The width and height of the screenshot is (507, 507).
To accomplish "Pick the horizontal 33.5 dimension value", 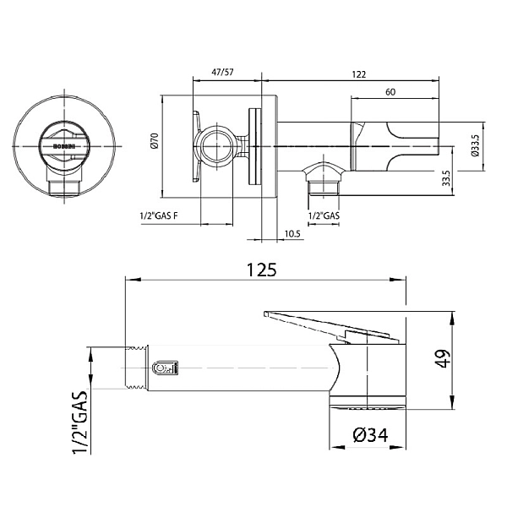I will click(444, 178).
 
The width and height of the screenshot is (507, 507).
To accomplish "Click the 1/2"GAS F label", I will click(159, 217).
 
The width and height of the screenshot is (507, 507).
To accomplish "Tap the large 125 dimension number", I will click(262, 270).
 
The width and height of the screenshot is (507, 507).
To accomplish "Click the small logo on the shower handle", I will click(164, 368).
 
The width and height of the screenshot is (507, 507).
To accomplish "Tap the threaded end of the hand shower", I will click(136, 368).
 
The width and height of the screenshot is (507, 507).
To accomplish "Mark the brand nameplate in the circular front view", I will click(64, 146).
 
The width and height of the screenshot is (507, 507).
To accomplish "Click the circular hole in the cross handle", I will click(215, 144).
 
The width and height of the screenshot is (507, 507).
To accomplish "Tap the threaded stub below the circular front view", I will click(64, 186).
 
